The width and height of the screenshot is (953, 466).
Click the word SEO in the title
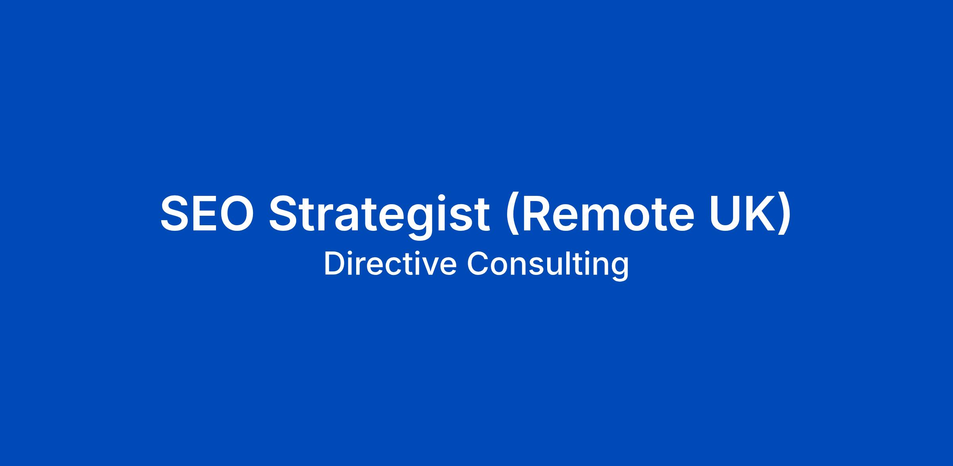click(x=207, y=213)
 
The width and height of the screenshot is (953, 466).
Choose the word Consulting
click(x=548, y=265)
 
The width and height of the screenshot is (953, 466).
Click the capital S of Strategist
click(x=284, y=213)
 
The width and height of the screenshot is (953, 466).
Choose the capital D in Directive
click(x=335, y=263)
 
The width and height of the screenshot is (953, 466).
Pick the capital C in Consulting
click(x=478, y=263)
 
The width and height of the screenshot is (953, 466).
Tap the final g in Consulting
click(x=621, y=270)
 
